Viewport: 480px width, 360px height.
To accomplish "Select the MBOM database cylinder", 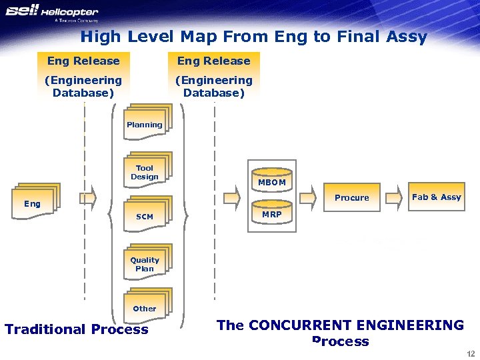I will pyautogui.click(x=271, y=179).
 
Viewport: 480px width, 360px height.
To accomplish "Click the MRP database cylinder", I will pyautogui.click(x=271, y=213).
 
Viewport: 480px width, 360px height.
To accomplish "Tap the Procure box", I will pyautogui.click(x=351, y=197).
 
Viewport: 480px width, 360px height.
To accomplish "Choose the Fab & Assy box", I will pyautogui.click(x=436, y=197).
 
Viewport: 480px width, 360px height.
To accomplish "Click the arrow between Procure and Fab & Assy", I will pyautogui.click(x=396, y=197).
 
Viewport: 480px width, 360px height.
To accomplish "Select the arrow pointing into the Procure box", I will pyautogui.click(x=307, y=197).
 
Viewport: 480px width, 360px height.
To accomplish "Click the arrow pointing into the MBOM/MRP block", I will pyautogui.click(x=231, y=197).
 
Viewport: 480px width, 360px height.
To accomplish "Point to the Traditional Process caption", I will pyautogui.click(x=77, y=329).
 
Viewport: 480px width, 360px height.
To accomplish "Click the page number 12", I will pyautogui.click(x=471, y=353).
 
